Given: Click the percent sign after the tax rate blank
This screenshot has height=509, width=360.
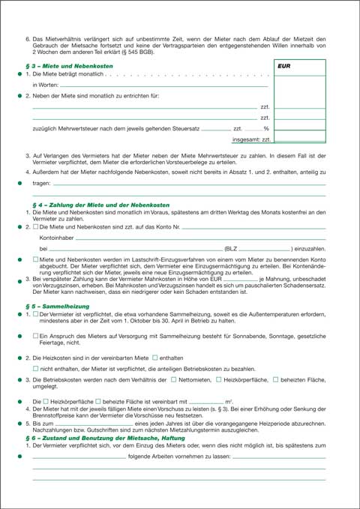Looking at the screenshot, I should pyautogui.click(x=266, y=129).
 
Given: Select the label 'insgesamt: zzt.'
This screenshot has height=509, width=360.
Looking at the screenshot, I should pyautogui.click(x=250, y=139).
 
